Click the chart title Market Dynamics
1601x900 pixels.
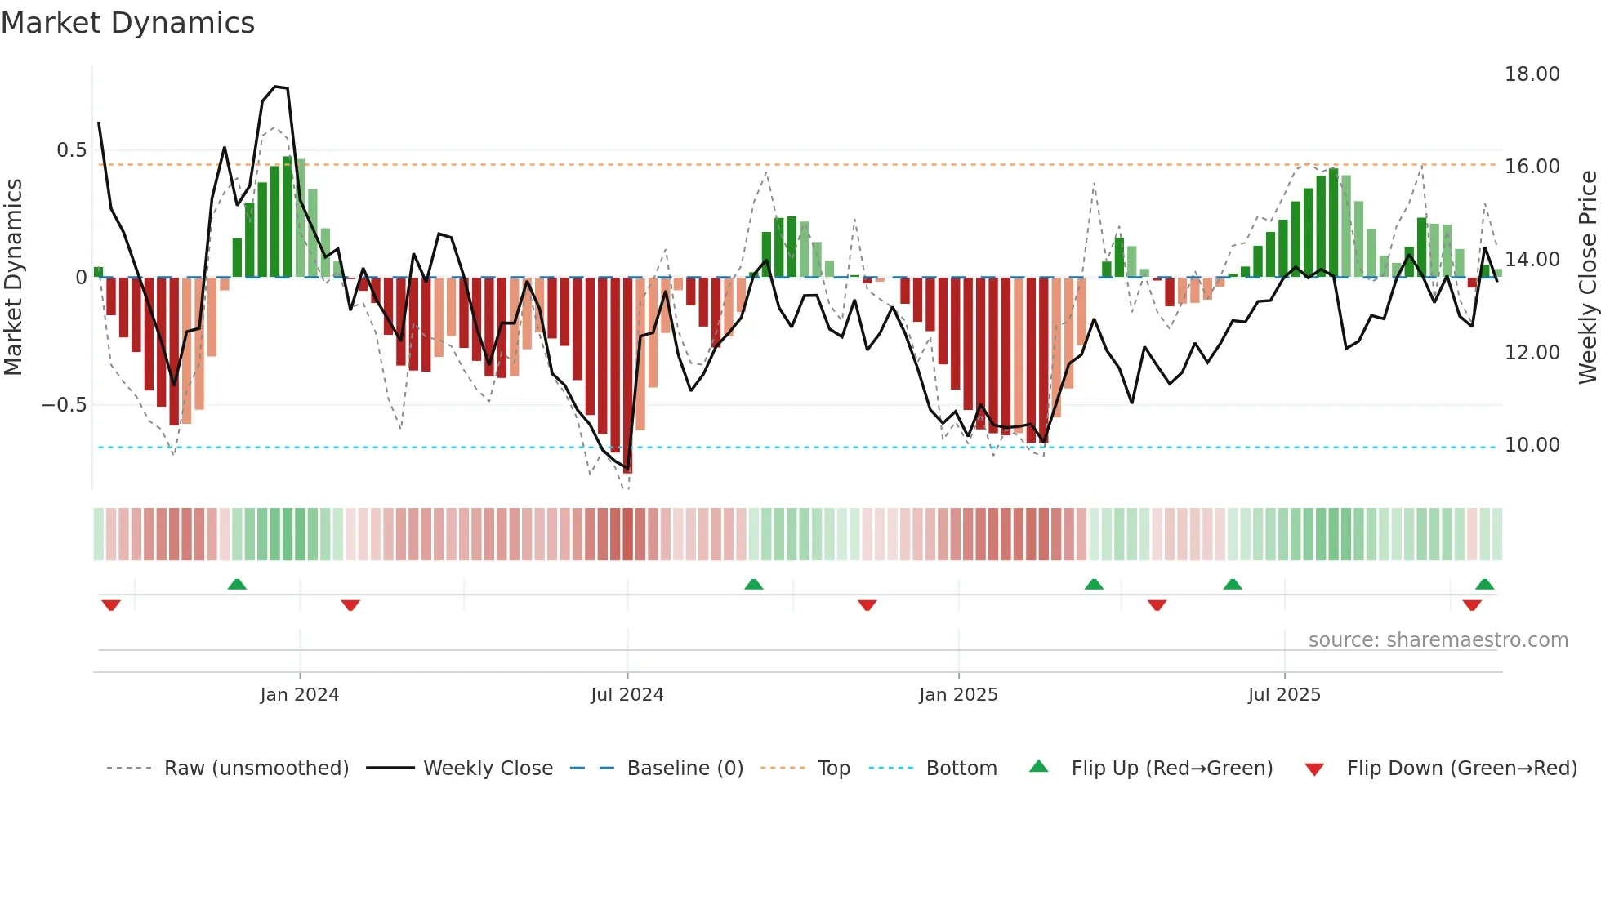tap(127, 23)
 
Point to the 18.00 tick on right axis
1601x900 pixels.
tap(1532, 74)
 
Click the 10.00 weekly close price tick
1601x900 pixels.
tap(1532, 445)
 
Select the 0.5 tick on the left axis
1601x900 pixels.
tap(71, 150)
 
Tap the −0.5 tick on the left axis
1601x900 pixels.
tap(64, 405)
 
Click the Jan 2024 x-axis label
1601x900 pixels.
tap(299, 695)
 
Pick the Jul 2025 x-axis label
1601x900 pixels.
tap(1283, 695)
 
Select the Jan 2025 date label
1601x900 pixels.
tap(957, 695)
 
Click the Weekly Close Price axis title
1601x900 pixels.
tap(1587, 278)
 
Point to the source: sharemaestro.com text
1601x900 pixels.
tap(1438, 640)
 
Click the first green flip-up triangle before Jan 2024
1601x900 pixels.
tap(237, 585)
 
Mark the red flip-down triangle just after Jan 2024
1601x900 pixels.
tap(350, 605)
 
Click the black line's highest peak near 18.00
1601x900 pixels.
tap(276, 87)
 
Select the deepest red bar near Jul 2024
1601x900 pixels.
tap(627, 376)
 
